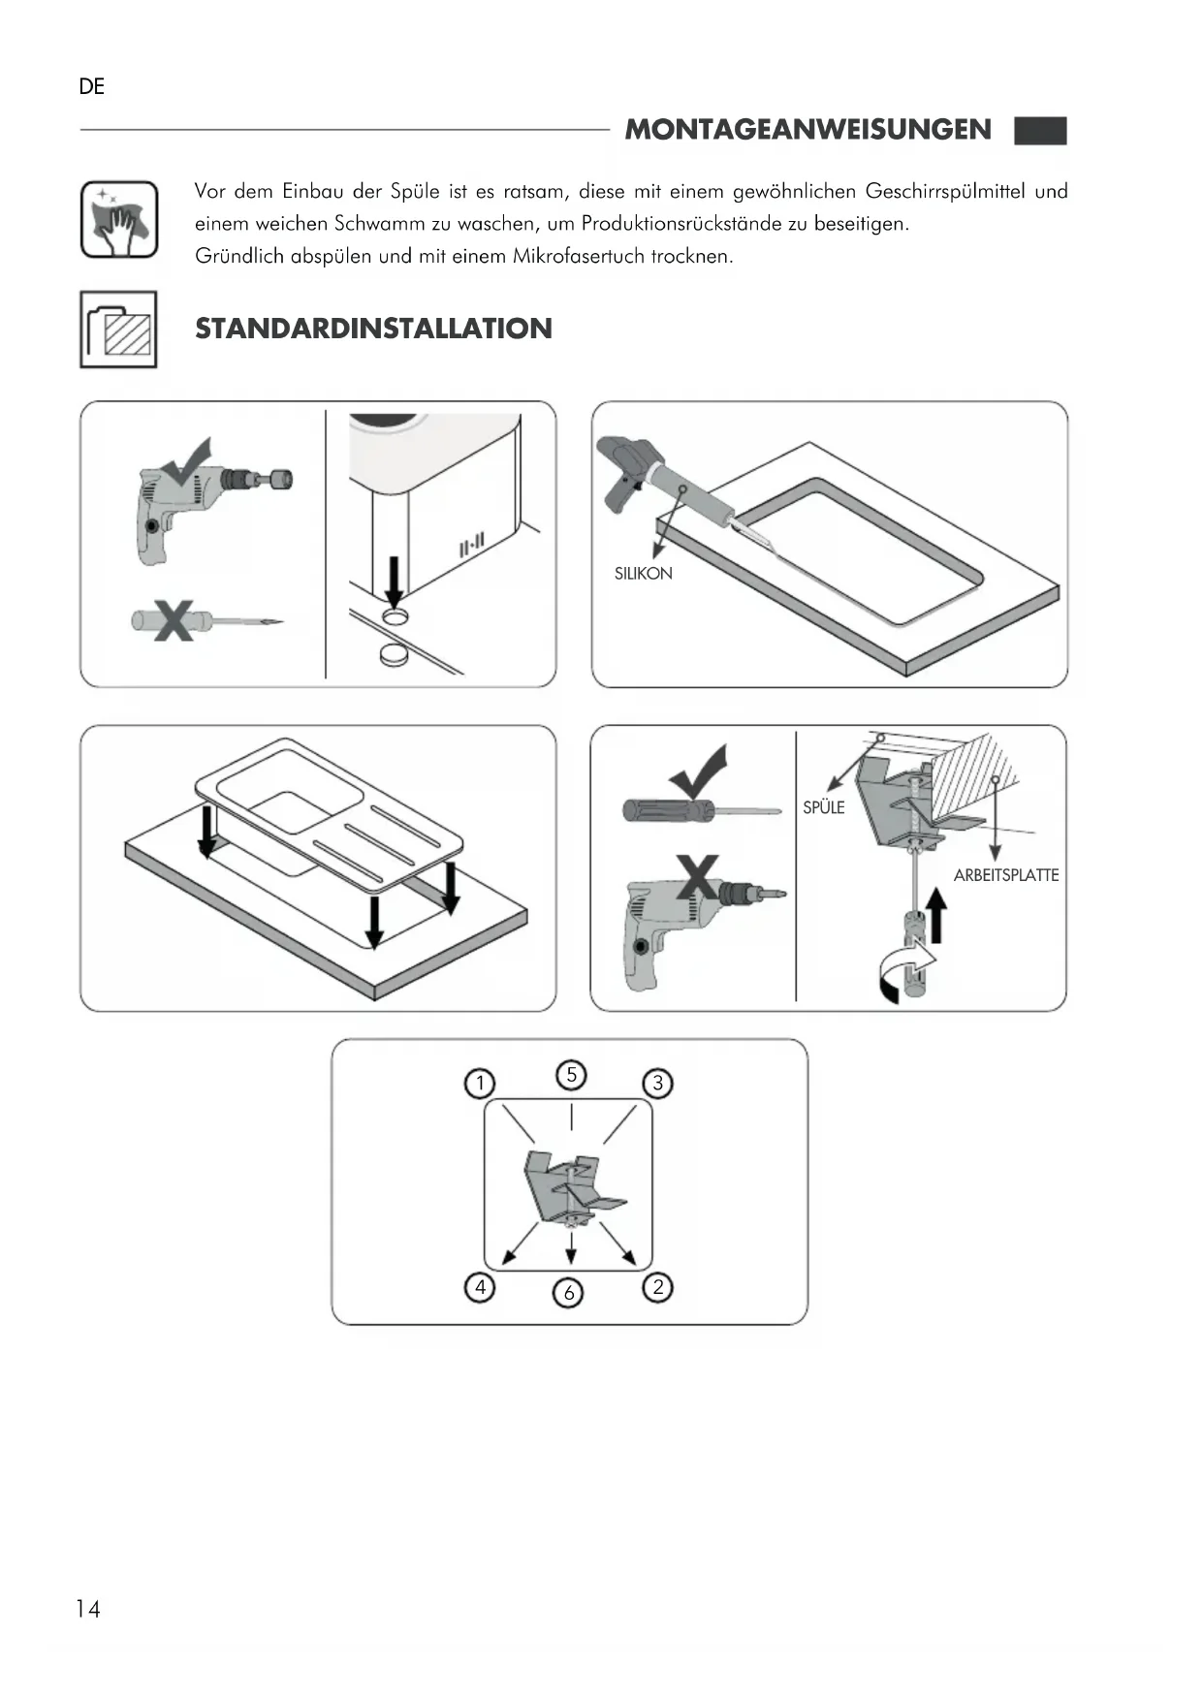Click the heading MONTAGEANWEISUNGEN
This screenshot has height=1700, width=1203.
[807, 130]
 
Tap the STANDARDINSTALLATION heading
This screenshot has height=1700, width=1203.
[373, 329]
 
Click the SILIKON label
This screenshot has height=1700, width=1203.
[643, 574]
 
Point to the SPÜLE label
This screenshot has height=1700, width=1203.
[823, 807]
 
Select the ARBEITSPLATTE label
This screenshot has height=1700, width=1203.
[1005, 875]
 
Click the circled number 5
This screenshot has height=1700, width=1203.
[571, 1074]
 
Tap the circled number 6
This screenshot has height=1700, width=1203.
[569, 1292]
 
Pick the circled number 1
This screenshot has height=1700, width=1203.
[480, 1083]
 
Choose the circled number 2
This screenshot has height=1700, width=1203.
[658, 1287]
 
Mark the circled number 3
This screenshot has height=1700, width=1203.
[658, 1083]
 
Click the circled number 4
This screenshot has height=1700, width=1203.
[480, 1287]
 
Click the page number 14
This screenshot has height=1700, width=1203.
[88, 1609]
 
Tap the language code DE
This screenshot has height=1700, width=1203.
[92, 87]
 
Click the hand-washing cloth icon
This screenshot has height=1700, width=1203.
[119, 220]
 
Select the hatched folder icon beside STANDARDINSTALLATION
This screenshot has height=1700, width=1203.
[118, 330]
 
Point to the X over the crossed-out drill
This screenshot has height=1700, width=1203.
[698, 877]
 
